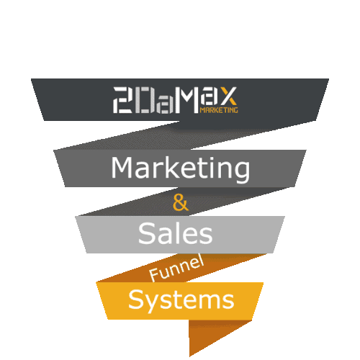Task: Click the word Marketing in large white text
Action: click(181, 169)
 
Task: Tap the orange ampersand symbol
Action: click(181, 203)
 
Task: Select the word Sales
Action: click(176, 233)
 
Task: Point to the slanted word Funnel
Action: click(176, 268)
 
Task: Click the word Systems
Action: click(181, 300)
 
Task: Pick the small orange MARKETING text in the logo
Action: click(219, 110)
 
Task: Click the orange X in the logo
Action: click(228, 96)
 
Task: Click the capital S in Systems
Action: click(136, 299)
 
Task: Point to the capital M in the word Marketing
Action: click(122, 168)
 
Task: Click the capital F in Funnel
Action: click(153, 275)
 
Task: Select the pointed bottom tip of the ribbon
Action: click(189, 356)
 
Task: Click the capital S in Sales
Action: click(147, 233)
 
